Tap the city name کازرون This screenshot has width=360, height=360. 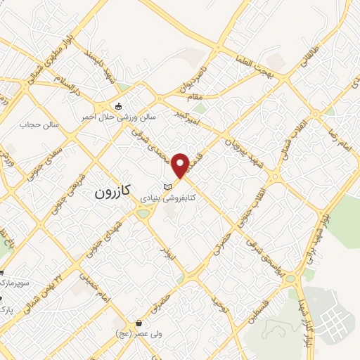tap(112, 193)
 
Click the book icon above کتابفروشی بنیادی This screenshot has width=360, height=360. tap(167, 186)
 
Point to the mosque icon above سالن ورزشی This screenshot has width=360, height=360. tap(118, 105)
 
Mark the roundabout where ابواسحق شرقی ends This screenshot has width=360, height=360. tap(290, 278)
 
